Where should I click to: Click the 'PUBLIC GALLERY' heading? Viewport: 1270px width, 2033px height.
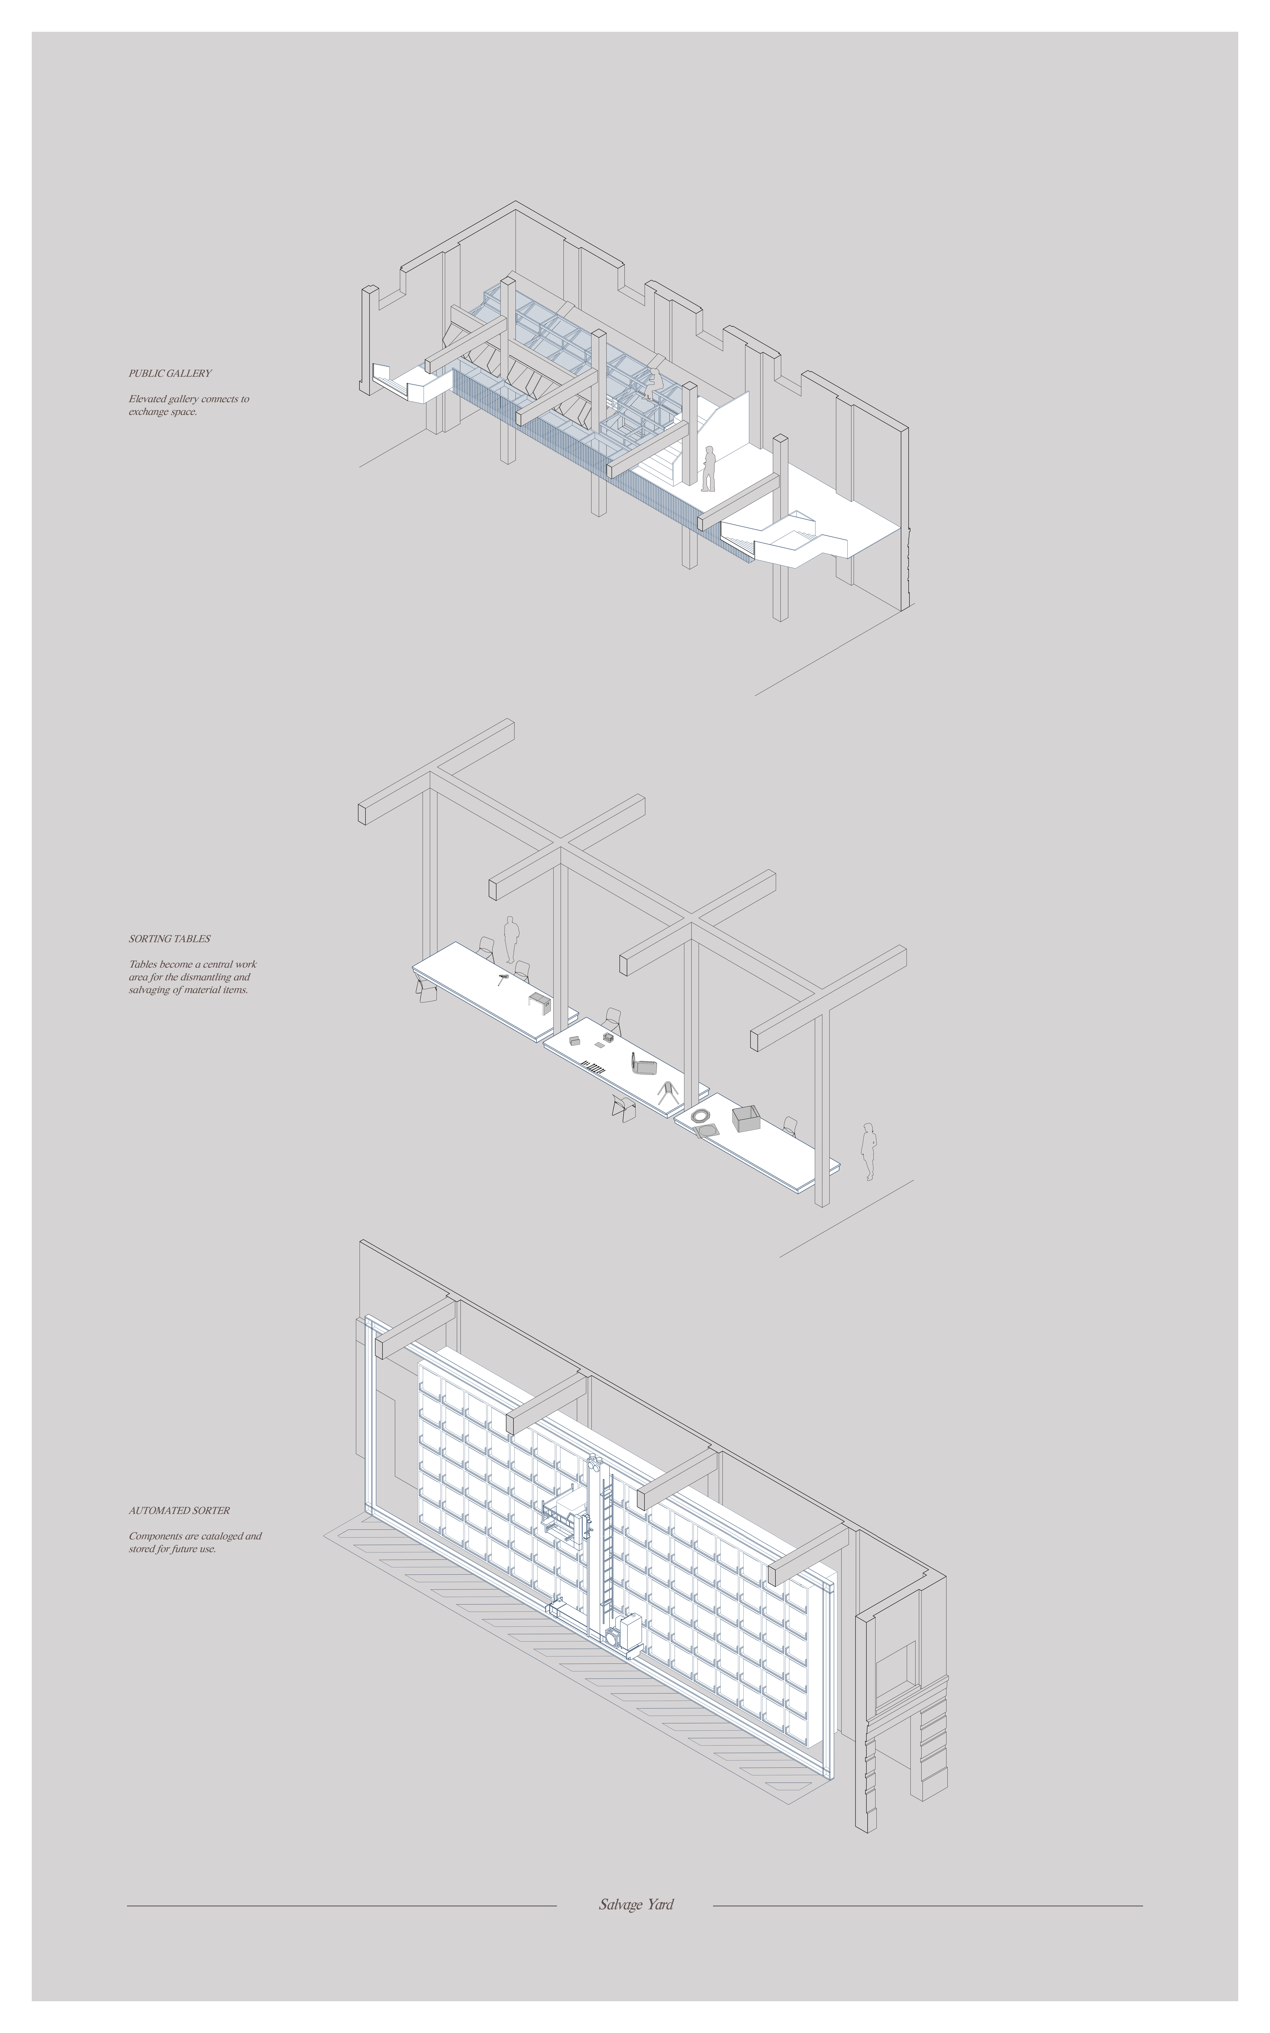point(170,373)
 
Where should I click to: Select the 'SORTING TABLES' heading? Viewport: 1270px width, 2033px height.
point(170,938)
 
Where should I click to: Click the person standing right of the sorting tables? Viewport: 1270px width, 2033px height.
point(868,1151)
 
